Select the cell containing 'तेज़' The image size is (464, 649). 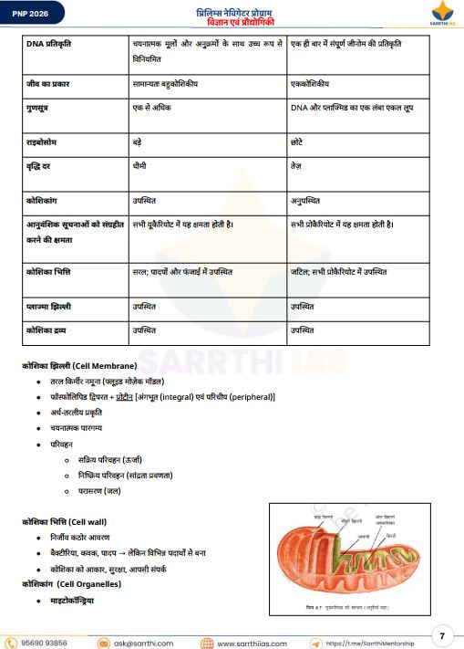tap(297, 168)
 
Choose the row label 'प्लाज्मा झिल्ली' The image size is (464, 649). tap(56, 308)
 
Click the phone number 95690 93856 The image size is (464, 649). tap(44, 642)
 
